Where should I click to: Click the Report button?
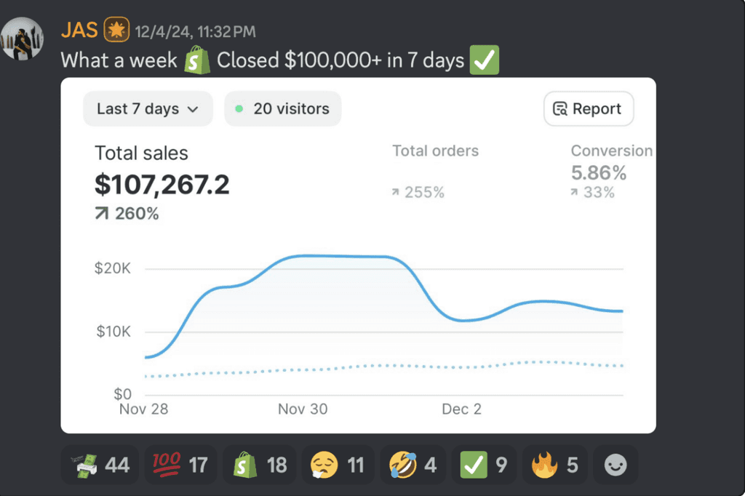[x=588, y=109]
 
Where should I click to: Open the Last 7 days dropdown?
[x=148, y=109]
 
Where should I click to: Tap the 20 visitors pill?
[x=283, y=109]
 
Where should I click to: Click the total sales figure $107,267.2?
[x=162, y=184]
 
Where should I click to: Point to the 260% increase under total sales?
[x=127, y=213]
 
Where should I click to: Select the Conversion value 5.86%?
[x=599, y=173]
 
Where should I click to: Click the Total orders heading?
[x=435, y=151]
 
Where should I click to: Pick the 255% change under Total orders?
[x=418, y=192]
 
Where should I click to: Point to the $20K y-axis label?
[x=113, y=268]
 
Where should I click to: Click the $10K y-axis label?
[x=113, y=331]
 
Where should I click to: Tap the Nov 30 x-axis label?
[x=303, y=409]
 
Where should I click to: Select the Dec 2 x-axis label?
[x=461, y=409]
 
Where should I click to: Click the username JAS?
[x=79, y=31]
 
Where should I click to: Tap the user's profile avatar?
[x=23, y=39]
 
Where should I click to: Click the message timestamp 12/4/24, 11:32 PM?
[x=195, y=32]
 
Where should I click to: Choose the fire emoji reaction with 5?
[x=554, y=465]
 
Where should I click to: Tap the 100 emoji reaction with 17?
[x=180, y=465]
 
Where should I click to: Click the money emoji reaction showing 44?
[x=100, y=465]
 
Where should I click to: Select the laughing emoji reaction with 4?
[x=413, y=465]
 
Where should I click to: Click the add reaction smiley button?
[x=615, y=465]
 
